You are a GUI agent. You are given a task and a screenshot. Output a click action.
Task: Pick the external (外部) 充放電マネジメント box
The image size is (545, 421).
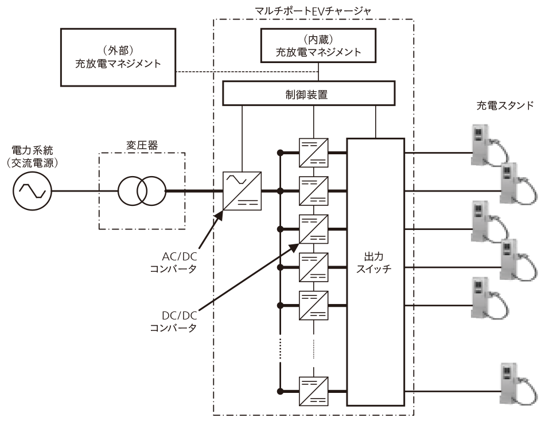118,57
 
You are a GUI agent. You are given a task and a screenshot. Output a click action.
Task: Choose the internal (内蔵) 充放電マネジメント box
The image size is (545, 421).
318,46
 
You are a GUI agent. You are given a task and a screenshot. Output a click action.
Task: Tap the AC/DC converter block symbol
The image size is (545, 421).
242,190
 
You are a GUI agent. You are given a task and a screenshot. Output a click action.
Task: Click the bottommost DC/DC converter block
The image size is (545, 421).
314,391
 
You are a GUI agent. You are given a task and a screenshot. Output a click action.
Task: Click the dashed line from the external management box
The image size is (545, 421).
247,72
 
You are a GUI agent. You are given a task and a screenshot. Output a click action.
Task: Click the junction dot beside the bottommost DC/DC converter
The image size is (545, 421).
281,391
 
